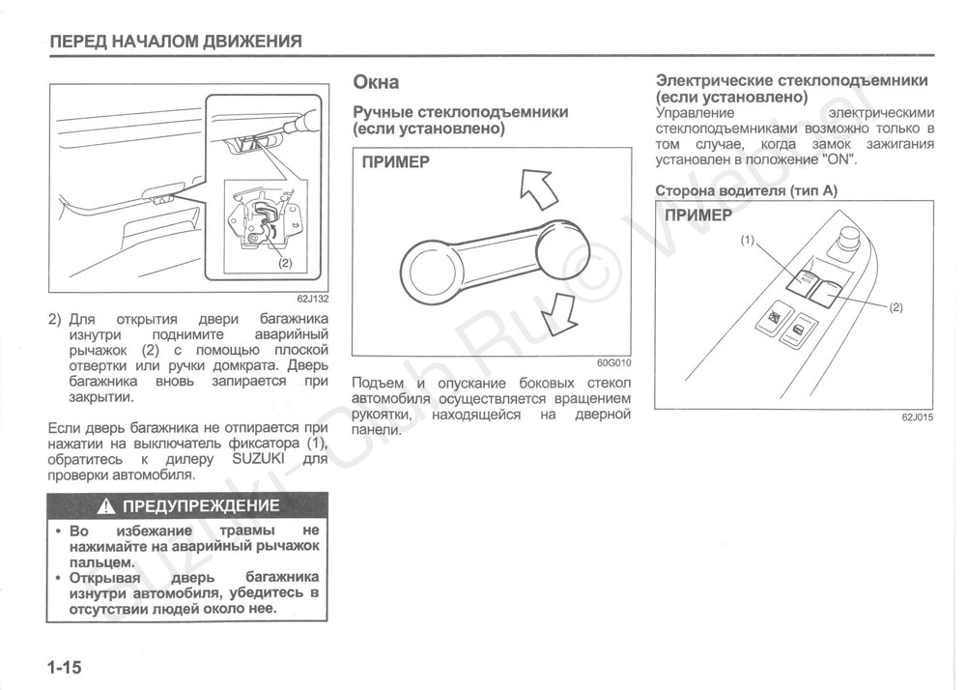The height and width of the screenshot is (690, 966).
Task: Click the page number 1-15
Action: coord(64,668)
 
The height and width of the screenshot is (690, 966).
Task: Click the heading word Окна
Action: coord(376,82)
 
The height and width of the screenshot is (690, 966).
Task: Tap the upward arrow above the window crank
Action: coord(539,187)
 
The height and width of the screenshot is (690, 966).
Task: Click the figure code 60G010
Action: coord(613,364)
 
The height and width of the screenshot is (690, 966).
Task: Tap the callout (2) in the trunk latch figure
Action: coord(284,262)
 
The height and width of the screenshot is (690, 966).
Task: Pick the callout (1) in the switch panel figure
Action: coord(747,240)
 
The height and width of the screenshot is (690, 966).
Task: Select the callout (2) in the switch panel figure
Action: coord(895,307)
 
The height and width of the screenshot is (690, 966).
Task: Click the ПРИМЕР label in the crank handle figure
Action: coord(395,162)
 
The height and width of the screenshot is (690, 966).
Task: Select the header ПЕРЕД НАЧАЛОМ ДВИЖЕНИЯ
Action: coord(176,42)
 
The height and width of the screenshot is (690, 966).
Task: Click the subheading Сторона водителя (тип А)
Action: coord(746,191)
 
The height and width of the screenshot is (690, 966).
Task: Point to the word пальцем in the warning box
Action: coord(100,561)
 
